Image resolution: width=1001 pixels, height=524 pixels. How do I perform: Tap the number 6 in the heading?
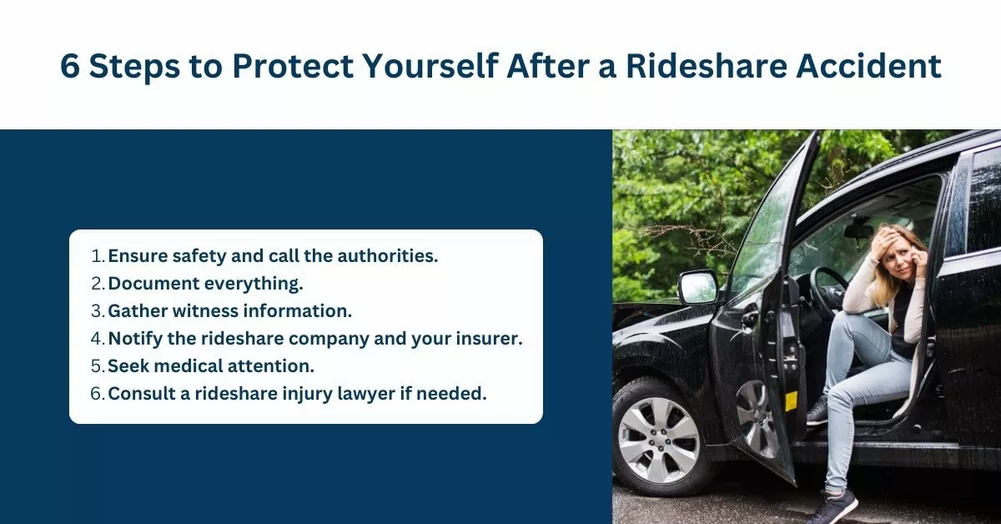click(x=71, y=67)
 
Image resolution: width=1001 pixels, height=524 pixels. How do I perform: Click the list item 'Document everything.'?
click(x=205, y=283)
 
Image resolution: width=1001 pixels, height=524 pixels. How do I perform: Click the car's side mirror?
click(x=697, y=287)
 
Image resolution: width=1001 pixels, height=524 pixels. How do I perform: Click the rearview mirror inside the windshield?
click(x=858, y=230)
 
